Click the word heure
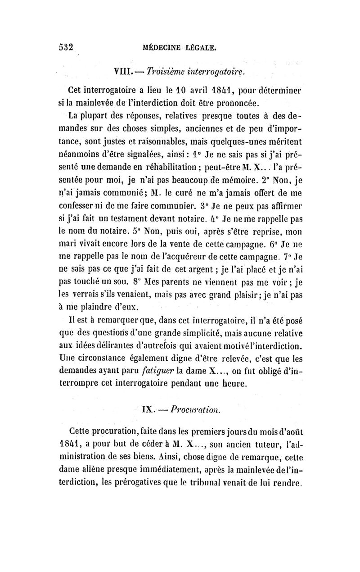[233, 384]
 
